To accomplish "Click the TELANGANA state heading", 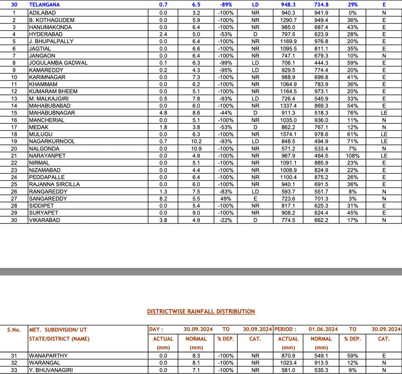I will (44, 5).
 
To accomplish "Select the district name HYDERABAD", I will (44, 34).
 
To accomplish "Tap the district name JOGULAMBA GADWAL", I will (58, 63).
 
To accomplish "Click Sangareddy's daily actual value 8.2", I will (163, 199).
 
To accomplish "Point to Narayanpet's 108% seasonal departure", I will (353, 156).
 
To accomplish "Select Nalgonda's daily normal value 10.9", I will (196, 149).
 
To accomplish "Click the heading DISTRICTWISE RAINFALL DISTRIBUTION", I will (201, 312).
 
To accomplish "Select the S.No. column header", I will (14, 330).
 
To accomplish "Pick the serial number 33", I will (14, 370).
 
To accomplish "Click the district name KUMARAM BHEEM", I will (53, 92).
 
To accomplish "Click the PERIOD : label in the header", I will (285, 329).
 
